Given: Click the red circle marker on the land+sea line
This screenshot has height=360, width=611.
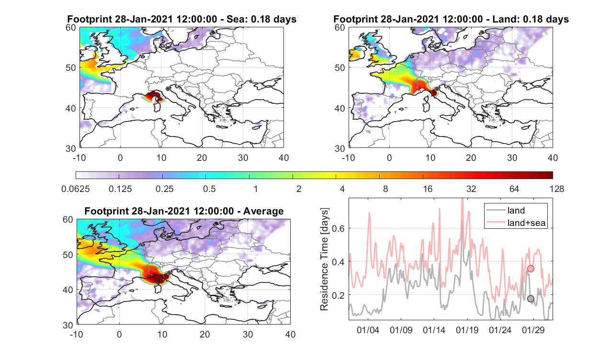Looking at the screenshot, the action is point(531,269).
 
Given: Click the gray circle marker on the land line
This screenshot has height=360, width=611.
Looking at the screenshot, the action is point(531,299).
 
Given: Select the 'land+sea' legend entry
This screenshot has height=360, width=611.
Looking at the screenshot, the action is point(516,223).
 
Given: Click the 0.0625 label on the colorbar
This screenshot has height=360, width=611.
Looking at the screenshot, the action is point(76,189).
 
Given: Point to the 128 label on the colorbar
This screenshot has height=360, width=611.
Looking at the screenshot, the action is point(557,189).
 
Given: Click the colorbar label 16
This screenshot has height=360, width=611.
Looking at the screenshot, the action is point(428,189).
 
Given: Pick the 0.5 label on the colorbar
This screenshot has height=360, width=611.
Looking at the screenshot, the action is point(209,189).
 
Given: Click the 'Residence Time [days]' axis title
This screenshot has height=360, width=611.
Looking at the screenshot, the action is point(324,259).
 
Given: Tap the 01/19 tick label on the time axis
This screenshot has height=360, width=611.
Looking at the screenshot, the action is point(467,330).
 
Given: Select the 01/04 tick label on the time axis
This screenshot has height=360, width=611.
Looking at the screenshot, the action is point(368,330).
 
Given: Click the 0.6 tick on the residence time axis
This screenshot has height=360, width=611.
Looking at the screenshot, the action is point(338,228).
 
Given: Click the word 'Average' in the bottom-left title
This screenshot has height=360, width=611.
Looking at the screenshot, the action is point(263,211).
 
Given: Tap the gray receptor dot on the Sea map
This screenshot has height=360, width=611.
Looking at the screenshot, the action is point(168,89).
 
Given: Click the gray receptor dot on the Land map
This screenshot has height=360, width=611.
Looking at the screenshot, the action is point(437,89).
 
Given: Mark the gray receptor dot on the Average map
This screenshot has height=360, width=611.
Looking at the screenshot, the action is point(169,273).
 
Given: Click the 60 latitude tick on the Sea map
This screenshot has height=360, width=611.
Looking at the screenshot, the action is point(71,28).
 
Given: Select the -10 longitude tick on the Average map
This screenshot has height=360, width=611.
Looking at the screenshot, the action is point(77,334).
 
